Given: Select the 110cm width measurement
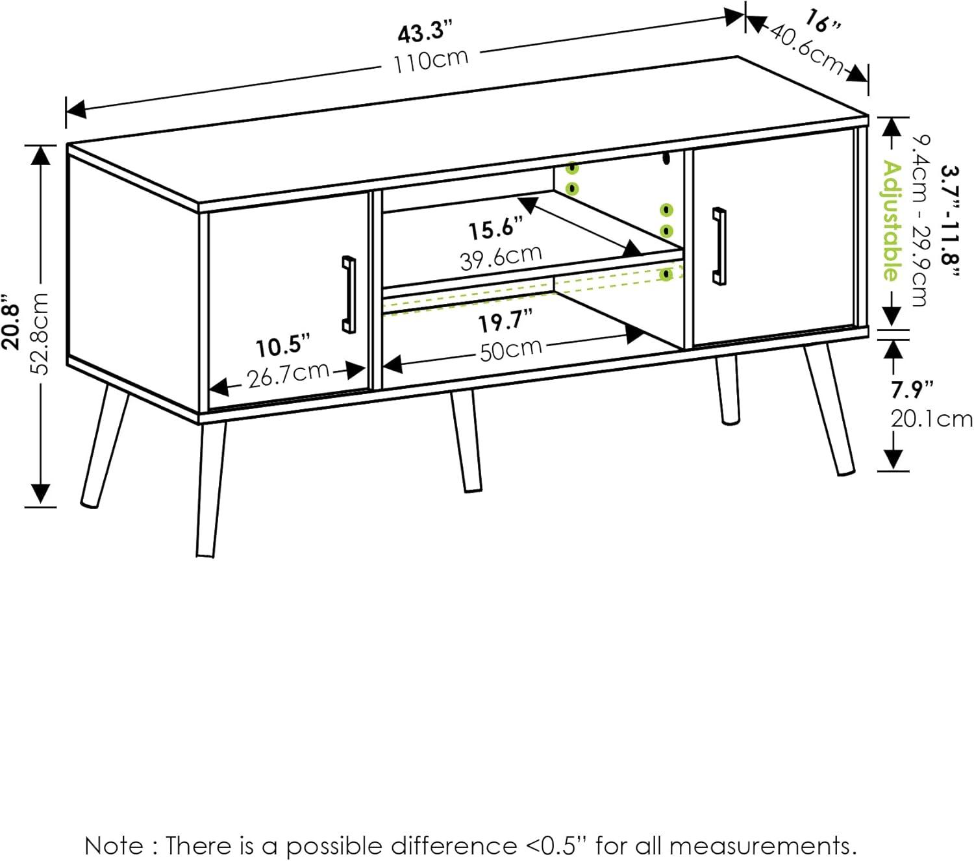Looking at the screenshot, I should coord(431,60).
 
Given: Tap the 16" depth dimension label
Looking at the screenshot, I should coord(821,21).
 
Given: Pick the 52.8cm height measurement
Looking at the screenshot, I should coord(40,332).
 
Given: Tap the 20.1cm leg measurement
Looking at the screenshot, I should coord(931,419).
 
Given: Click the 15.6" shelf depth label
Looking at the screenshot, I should coord(495,229).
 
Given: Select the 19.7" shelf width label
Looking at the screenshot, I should coord(505,321).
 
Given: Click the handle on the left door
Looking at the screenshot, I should coord(349,294).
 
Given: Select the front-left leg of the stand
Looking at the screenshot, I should coord(210,490).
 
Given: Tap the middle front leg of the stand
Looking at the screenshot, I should coord(466,442).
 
